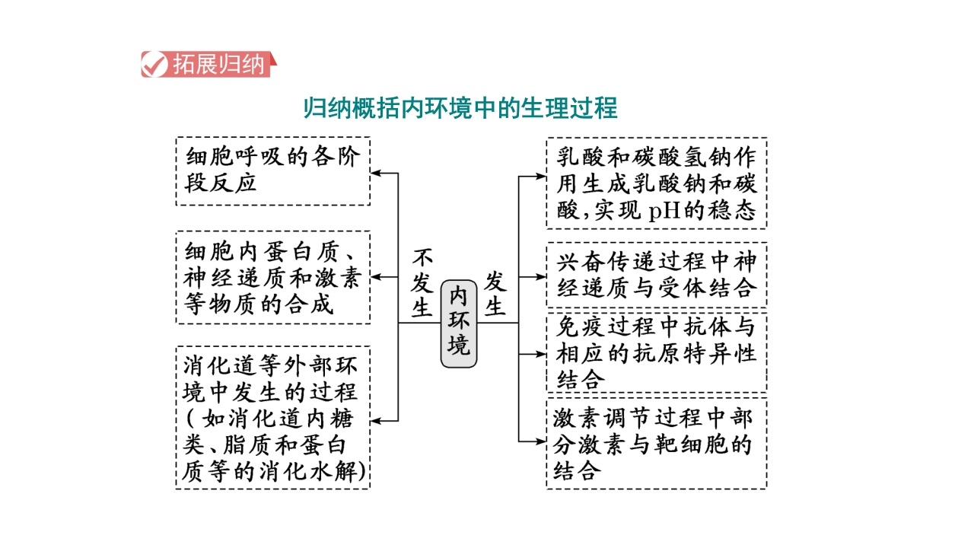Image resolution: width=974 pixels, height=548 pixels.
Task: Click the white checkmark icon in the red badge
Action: tap(154, 65)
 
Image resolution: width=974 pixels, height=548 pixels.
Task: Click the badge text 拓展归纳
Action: tap(218, 65)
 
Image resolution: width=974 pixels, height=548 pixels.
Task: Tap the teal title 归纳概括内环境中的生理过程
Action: tap(460, 108)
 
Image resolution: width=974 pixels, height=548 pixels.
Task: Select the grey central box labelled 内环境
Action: tap(459, 323)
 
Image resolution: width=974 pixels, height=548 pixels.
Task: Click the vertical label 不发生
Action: tap(422, 282)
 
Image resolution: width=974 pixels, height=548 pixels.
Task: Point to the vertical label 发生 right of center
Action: tap(495, 293)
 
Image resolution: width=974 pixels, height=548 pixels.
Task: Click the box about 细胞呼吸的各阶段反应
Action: tap(273, 171)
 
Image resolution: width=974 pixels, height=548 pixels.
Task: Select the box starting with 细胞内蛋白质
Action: tap(273, 278)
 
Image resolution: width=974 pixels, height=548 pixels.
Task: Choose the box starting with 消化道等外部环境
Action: tap(273, 418)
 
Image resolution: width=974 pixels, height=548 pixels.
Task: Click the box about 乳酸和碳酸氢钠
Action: tap(657, 183)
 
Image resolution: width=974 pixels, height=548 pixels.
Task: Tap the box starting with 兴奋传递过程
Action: tap(657, 275)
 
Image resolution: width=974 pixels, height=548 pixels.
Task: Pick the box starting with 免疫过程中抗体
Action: tap(657, 352)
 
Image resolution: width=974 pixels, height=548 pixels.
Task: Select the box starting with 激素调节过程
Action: tap(657, 444)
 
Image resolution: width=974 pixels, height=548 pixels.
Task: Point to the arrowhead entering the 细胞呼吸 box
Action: tap(376, 173)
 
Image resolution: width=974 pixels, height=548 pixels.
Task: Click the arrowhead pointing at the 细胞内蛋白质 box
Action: tap(376, 276)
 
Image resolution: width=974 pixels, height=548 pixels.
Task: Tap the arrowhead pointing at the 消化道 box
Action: tap(376, 421)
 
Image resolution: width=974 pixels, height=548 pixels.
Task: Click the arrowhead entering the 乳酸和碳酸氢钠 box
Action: tap(541, 176)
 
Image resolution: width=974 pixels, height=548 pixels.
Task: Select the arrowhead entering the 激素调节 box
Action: tap(541, 441)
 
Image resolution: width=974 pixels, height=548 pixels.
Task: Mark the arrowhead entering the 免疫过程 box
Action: tap(541, 354)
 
